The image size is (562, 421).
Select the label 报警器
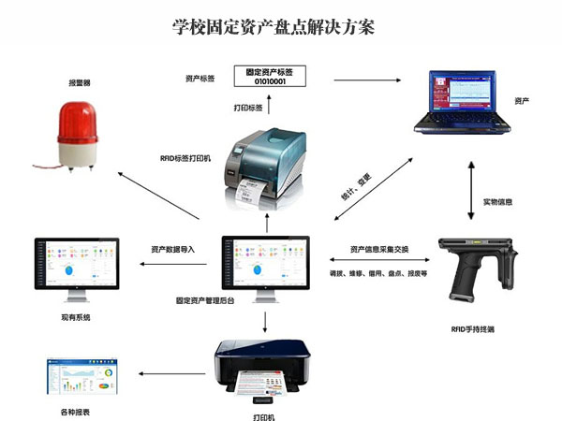pos(81,83)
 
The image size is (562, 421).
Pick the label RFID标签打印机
pos(185,158)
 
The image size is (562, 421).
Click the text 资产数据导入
pos(172,250)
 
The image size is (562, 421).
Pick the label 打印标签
pos(246,108)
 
